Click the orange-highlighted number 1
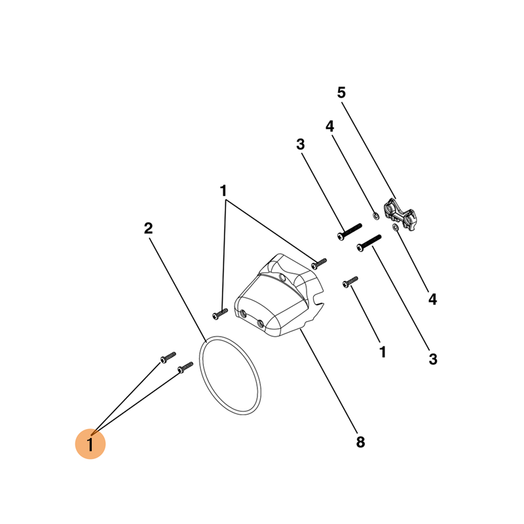[x=90, y=445]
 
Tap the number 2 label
[x=149, y=228]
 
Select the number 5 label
[x=341, y=92]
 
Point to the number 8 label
[x=360, y=441]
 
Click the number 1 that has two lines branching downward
[x=223, y=191]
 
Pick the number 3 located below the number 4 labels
[x=433, y=359]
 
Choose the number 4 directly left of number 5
[x=330, y=126]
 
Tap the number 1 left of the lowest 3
[x=383, y=352]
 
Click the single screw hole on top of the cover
[x=282, y=277]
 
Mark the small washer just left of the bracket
[x=376, y=215]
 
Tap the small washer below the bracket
[x=396, y=227]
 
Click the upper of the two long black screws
[x=350, y=232]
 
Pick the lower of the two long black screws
[x=369, y=243]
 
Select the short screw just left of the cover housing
[x=220, y=314]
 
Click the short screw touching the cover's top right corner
[x=319, y=264]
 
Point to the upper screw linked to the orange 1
[x=168, y=358]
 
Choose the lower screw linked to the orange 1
[x=185, y=367]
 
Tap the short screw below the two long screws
[x=350, y=282]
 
